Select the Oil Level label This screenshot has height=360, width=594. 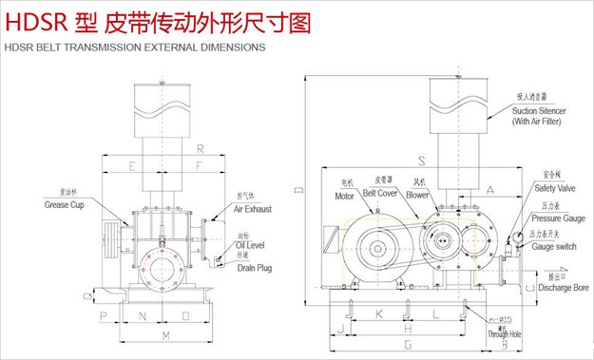(x=250, y=245)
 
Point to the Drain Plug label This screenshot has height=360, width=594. (x=254, y=268)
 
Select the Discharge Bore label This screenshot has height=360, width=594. (x=563, y=287)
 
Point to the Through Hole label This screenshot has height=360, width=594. (x=505, y=334)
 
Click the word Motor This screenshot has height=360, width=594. (x=344, y=196)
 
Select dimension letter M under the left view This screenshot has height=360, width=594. (x=167, y=336)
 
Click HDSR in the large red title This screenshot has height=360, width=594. (x=33, y=20)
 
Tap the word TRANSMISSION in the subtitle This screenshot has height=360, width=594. (x=104, y=46)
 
